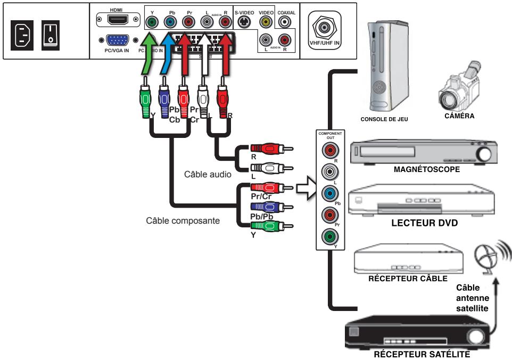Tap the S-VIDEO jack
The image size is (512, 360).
coord(244,22)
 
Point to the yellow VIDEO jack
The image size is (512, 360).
coord(265,22)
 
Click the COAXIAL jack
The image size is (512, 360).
coord(286,22)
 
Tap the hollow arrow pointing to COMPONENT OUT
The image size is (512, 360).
coord(304,186)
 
